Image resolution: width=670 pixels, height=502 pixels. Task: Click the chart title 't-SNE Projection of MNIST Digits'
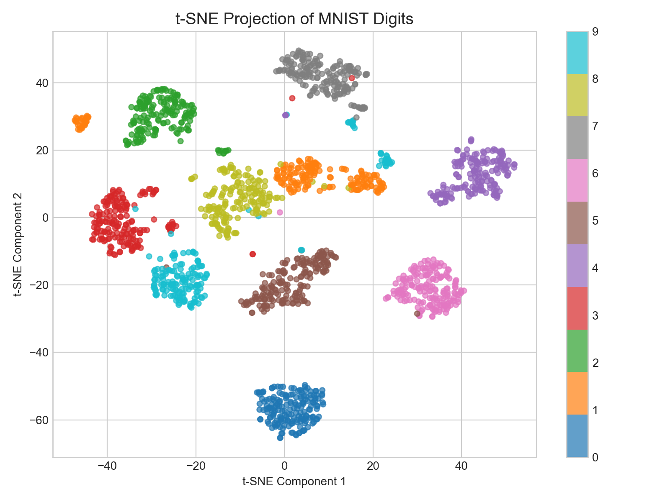(x=294, y=19)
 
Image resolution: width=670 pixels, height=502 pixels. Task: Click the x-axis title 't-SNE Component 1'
(x=294, y=482)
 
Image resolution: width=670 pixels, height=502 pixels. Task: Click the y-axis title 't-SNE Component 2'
(x=18, y=244)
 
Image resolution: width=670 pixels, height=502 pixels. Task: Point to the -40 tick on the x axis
(x=107, y=466)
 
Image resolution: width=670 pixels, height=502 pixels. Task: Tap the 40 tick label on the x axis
(x=461, y=466)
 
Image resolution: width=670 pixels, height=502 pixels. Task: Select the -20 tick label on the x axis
(x=196, y=466)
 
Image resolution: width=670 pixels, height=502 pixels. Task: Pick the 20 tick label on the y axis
(x=42, y=150)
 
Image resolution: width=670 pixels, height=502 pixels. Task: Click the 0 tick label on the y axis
(x=45, y=218)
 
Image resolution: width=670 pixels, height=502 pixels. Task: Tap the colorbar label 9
(x=595, y=32)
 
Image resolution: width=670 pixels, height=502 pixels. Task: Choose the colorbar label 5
(x=595, y=220)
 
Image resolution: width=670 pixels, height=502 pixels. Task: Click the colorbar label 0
(x=595, y=457)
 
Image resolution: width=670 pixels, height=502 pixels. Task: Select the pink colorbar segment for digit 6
(x=577, y=180)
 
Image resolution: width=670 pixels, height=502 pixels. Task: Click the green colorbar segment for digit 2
(x=577, y=351)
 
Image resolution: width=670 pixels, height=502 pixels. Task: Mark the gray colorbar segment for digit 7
(x=577, y=137)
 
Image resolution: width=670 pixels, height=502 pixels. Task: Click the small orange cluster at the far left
(x=81, y=123)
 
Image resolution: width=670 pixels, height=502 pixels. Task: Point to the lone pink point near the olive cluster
(x=280, y=213)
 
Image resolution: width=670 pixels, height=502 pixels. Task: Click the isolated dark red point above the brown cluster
(x=253, y=254)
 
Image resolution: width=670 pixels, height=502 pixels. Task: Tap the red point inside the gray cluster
(x=352, y=78)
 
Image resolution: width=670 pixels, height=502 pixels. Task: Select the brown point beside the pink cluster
(x=417, y=313)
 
